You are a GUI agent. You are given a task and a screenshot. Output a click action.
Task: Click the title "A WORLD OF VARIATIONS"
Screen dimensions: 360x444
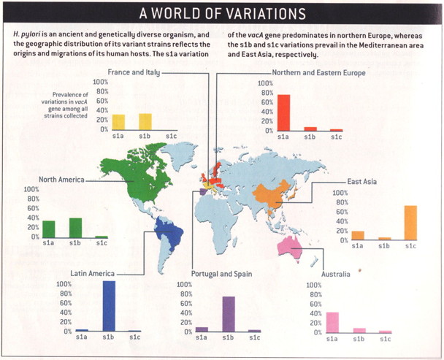pyautogui.click(x=222, y=14)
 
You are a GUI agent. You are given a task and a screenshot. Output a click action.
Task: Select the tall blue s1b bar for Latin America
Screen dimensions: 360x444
pyautogui.click(x=109, y=306)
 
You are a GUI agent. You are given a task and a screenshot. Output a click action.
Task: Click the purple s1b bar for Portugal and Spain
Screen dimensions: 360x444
pyautogui.click(x=228, y=314)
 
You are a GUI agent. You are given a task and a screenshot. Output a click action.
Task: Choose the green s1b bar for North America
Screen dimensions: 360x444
pyautogui.click(x=75, y=228)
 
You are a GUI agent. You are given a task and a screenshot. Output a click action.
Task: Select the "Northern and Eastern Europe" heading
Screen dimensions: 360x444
pyautogui.click(x=318, y=73)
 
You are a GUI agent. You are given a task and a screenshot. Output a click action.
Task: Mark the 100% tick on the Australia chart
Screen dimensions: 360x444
pyautogui.click(x=312, y=286)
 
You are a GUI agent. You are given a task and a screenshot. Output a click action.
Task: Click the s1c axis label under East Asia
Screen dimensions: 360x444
pyautogui.click(x=410, y=247)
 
